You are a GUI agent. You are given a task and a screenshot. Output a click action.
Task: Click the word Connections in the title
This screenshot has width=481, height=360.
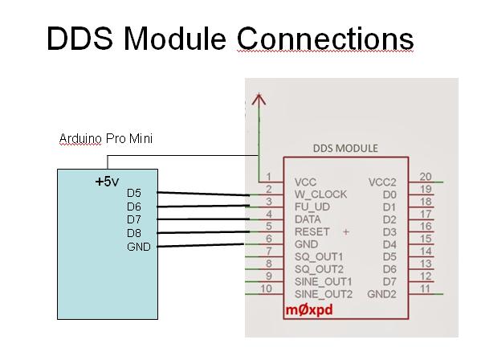coord(325,39)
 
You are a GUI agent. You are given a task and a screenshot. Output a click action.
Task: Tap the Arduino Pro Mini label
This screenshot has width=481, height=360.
coord(106,139)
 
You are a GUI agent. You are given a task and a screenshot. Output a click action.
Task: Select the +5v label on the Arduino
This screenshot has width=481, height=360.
coord(107,182)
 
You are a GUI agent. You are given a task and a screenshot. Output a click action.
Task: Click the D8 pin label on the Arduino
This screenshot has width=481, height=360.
coord(134,233)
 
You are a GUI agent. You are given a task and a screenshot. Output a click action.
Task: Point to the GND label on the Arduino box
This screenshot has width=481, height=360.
coord(139,247)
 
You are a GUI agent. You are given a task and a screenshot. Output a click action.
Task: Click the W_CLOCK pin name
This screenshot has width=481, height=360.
coord(320,194)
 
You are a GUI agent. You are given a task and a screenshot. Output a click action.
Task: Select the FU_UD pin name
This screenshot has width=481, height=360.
coord(312,207)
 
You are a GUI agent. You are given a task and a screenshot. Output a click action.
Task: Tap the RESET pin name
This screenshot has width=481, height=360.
coord(312,231)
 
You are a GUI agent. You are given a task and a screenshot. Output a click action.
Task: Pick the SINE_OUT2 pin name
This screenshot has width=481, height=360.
coord(324,294)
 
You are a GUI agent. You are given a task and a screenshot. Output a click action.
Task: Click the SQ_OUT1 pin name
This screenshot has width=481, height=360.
coord(319,256)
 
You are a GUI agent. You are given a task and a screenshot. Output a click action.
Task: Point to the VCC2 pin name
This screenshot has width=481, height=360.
coord(382,182)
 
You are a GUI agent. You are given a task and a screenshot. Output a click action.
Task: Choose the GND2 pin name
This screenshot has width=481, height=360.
coord(381,294)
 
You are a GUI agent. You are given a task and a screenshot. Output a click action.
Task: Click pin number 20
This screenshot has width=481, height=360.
coord(426,177)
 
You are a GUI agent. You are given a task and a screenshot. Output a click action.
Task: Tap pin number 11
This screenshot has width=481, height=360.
coord(425,288)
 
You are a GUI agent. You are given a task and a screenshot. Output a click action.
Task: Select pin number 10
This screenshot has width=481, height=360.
coord(266,288)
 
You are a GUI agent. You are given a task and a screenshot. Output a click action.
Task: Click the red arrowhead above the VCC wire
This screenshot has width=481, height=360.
coord(259,99)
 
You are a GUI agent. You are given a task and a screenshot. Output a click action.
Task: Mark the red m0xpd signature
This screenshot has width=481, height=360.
coord(309,310)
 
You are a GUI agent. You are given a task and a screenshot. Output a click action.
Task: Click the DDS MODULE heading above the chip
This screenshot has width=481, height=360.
coord(345,148)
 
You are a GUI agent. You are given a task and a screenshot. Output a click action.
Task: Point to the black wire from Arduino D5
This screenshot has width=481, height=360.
coord(203,194)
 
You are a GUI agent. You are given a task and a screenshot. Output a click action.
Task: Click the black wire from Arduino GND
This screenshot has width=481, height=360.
coord(200,245)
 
